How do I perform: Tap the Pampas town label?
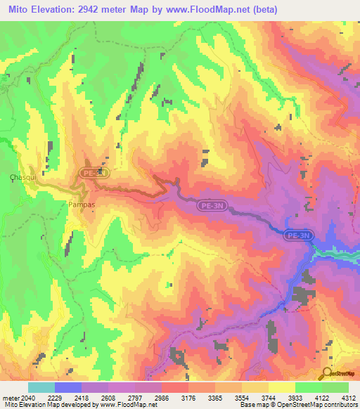tap(82, 204)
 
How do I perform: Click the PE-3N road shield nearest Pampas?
tap(94, 171)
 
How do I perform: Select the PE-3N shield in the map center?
tap(215, 205)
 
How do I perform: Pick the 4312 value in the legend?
tap(348, 398)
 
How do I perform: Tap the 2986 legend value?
tap(161, 398)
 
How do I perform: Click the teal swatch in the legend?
tap(41, 387)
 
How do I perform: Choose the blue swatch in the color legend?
tap(67, 387)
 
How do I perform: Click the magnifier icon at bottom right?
tap(325, 373)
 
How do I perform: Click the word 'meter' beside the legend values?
tap(10, 398)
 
